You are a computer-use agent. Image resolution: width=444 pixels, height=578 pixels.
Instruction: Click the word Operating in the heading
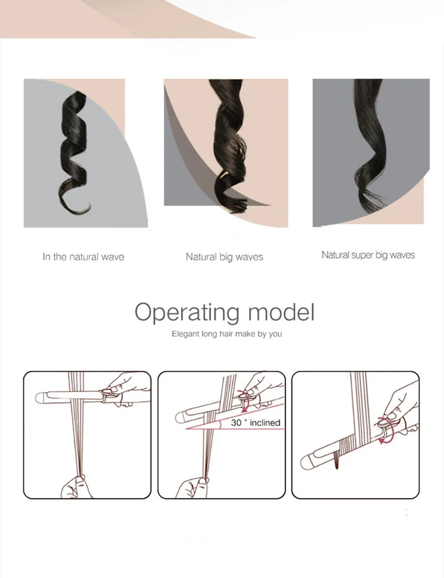[x=187, y=313]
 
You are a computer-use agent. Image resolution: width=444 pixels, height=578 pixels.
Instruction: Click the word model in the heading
[x=281, y=312]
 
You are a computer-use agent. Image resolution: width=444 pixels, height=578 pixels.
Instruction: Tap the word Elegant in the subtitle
[x=185, y=334]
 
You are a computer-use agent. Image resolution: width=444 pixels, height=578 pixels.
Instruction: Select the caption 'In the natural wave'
[x=83, y=257]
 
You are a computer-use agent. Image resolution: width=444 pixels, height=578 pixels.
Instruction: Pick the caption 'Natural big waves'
[x=224, y=257]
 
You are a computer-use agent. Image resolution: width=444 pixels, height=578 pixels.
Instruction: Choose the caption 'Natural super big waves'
[x=368, y=255]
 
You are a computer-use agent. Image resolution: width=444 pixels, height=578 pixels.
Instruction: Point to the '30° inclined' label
[x=255, y=423]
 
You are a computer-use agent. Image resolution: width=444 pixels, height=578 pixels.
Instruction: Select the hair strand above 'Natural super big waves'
[x=369, y=148]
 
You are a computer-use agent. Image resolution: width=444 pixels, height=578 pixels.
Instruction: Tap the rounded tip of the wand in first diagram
[x=40, y=398]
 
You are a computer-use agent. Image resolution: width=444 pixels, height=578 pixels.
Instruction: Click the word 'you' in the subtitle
[x=275, y=334]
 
